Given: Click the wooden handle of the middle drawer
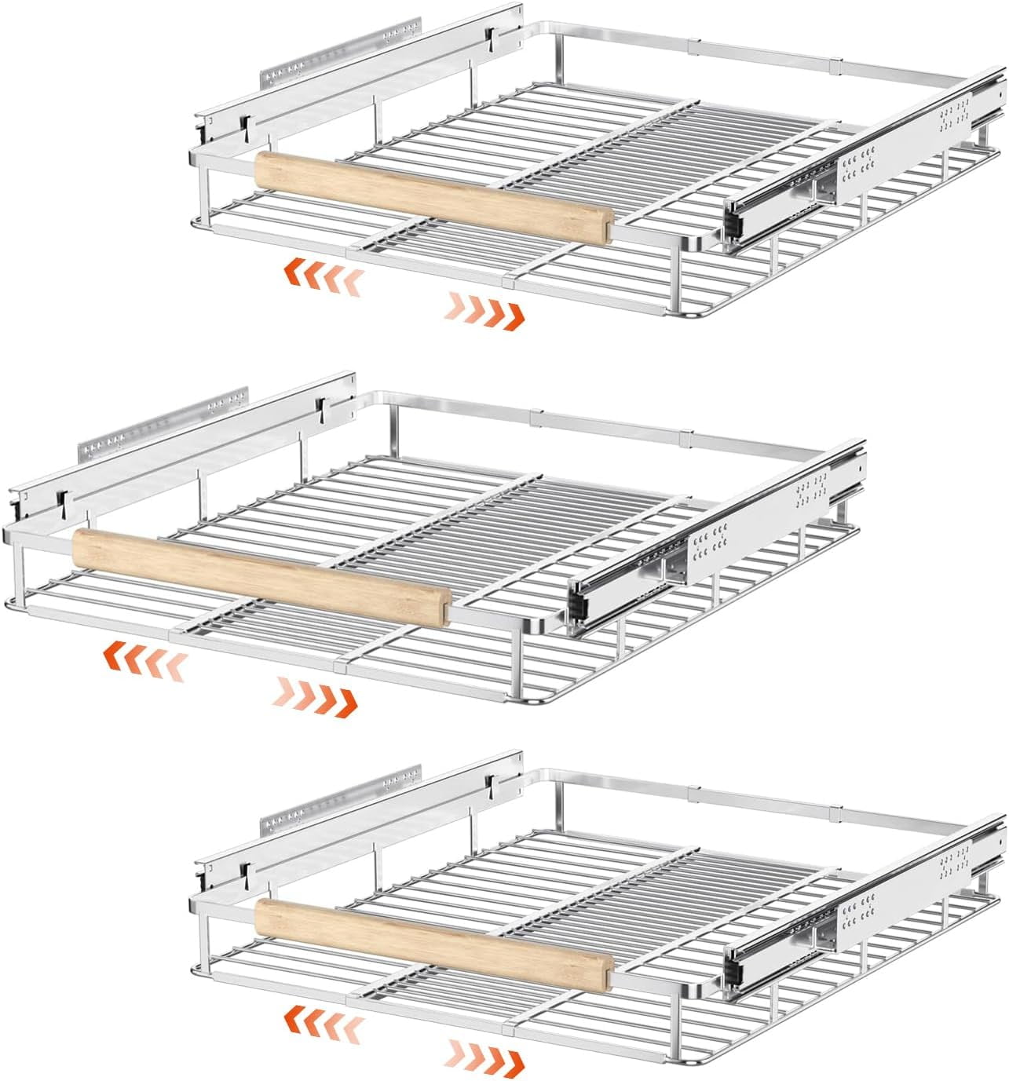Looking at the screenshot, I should pyautogui.click(x=259, y=577).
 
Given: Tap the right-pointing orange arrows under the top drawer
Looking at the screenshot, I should pyautogui.click(x=485, y=309).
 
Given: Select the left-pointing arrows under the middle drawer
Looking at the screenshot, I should pyautogui.click(x=146, y=658).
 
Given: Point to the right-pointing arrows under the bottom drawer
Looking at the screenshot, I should pyautogui.click(x=485, y=1054).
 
